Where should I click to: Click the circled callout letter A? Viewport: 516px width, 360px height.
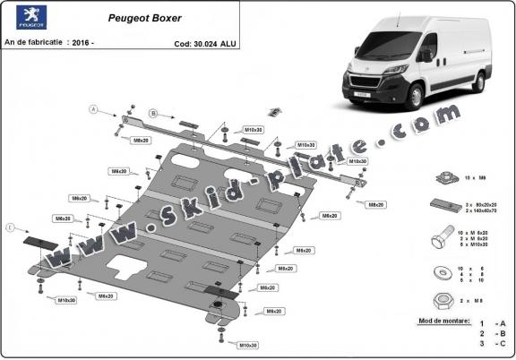click(x=92, y=109)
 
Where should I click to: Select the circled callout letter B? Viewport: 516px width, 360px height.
click(x=153, y=114)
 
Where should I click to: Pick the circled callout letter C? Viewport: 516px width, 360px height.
click(x=10, y=227)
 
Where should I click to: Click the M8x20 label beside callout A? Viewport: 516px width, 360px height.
click(x=141, y=141)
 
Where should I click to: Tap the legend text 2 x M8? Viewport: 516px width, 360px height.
click(x=485, y=300)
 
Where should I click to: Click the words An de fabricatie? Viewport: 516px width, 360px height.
click(x=34, y=43)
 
